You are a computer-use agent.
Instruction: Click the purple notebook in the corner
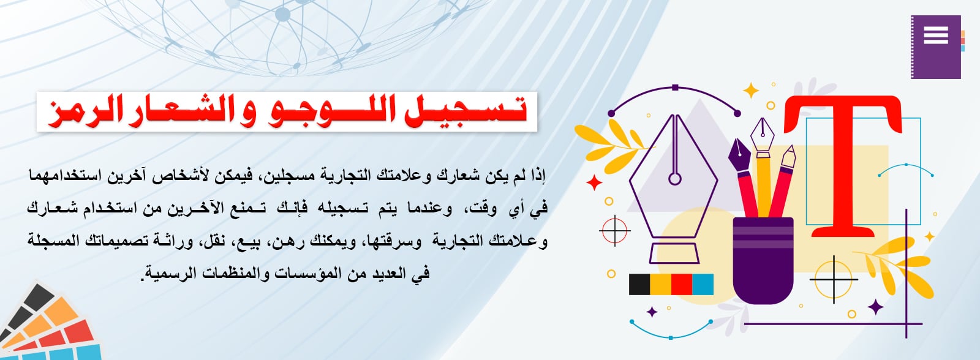936,47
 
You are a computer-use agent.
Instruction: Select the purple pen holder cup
763,260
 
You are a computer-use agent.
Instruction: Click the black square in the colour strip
639,284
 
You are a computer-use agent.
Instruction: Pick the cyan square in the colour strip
703,284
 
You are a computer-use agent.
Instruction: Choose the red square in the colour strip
682,284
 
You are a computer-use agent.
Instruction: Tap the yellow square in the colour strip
661,284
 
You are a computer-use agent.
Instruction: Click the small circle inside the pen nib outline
675,179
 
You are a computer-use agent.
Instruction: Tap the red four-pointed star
594,183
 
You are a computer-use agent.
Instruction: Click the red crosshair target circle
615,230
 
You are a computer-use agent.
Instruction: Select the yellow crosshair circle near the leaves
834,279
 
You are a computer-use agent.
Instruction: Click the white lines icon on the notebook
936,35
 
